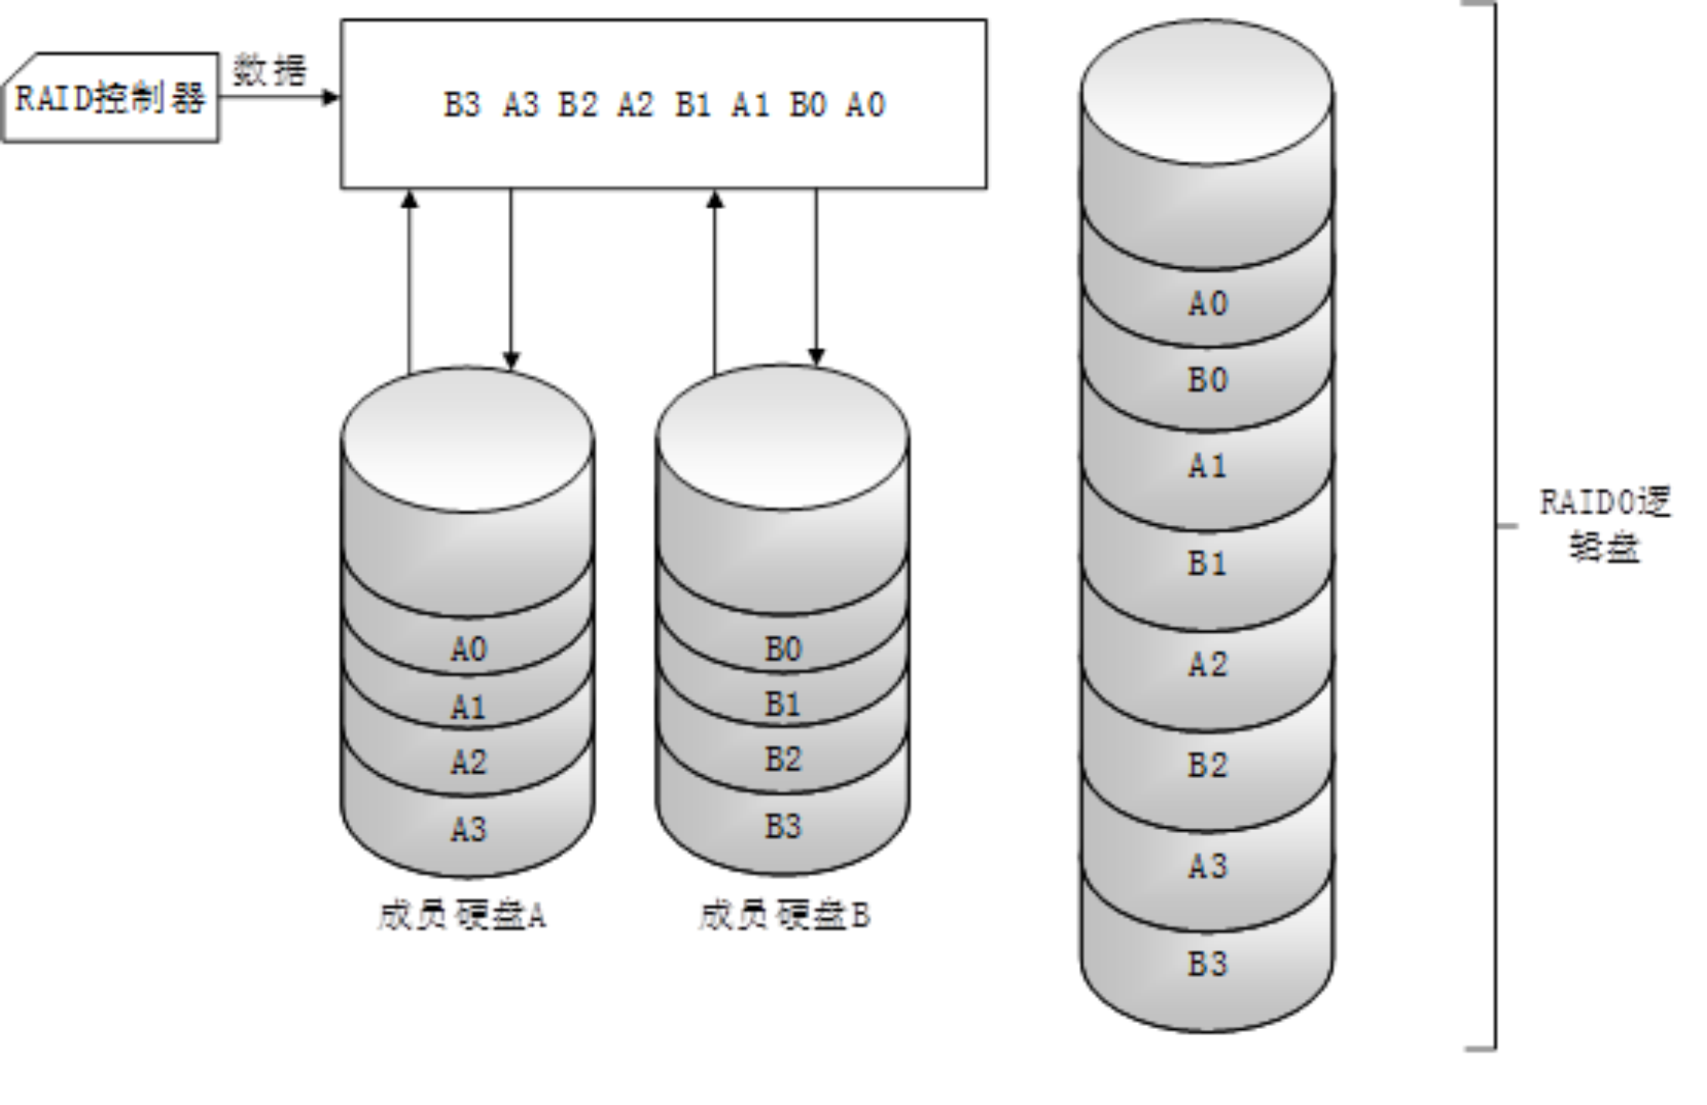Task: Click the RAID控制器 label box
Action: pos(111,98)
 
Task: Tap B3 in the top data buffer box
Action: pos(462,105)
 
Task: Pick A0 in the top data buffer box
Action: pos(865,105)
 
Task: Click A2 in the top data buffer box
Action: pos(635,105)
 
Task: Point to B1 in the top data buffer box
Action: pos(692,105)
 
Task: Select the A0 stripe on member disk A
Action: pos(469,649)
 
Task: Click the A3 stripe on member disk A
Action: pos(469,829)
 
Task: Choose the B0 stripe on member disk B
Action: pos(783,649)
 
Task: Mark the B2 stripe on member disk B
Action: pos(783,760)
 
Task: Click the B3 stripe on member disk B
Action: pos(783,827)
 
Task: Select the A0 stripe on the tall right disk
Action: pos(1208,304)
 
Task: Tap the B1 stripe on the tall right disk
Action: pos(1208,564)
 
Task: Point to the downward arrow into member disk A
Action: pos(511,279)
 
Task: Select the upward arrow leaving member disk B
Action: pos(716,279)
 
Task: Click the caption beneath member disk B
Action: pos(784,916)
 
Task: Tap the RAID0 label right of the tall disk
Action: pos(1605,525)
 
